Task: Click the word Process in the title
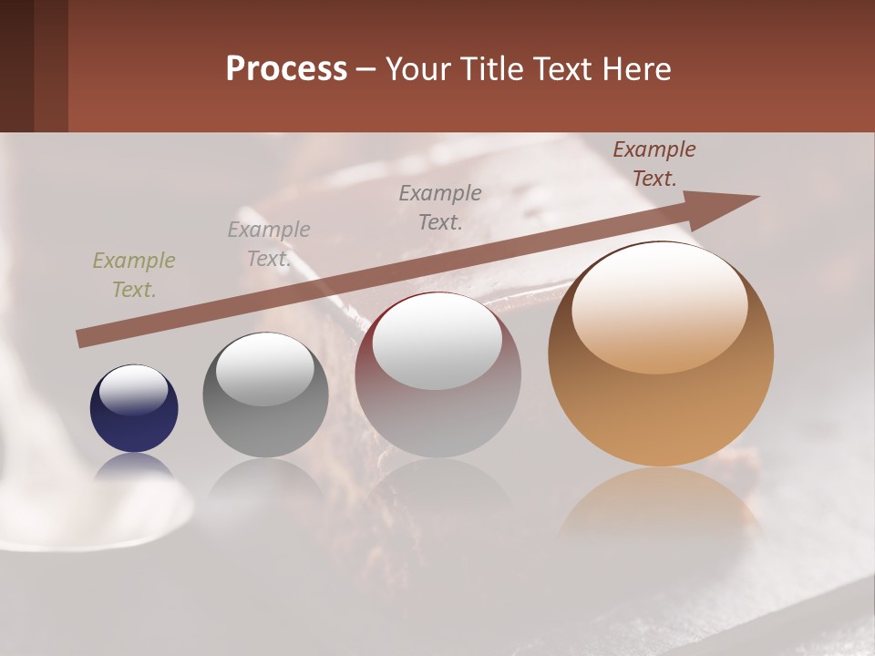pos(286,69)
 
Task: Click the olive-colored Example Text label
pos(134,275)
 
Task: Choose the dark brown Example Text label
pos(654,164)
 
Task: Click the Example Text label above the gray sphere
pos(269,244)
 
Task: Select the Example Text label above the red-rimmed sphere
pos(440,207)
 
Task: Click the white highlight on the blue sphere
pos(133,390)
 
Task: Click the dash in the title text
pos(365,69)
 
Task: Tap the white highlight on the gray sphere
pos(265,369)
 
